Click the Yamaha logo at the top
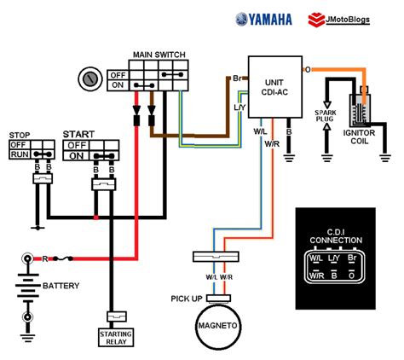click(263, 20)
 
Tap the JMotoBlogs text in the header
click(348, 20)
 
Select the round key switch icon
click(90, 79)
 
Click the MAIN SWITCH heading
click(159, 55)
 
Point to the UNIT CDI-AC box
click(275, 87)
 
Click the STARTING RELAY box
click(116, 338)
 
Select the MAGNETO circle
click(217, 326)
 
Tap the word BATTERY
click(61, 286)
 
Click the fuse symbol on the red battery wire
click(63, 258)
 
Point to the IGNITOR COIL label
click(359, 137)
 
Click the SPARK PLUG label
click(326, 116)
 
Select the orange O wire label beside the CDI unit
click(308, 70)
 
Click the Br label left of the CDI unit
click(237, 78)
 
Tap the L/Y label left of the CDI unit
click(240, 107)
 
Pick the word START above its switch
click(78, 134)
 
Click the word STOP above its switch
click(20, 135)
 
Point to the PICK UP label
click(187, 299)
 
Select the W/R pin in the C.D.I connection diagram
click(316, 276)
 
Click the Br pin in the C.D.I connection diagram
click(352, 258)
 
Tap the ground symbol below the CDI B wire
click(289, 158)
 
